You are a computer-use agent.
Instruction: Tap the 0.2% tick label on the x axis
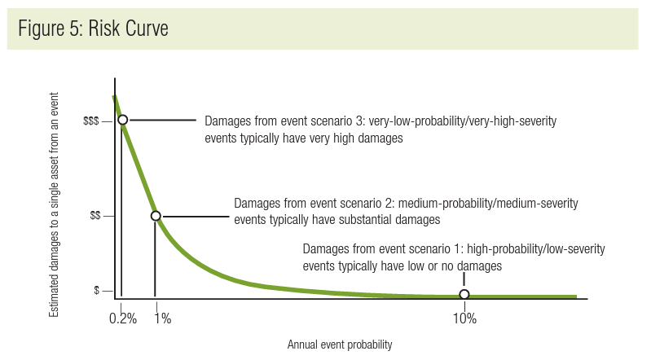(122, 318)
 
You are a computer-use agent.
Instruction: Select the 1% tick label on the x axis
(161, 318)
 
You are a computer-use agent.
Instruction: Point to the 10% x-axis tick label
(464, 318)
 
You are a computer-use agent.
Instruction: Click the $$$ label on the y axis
(91, 121)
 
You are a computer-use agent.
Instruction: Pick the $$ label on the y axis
(95, 217)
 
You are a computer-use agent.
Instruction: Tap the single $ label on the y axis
(97, 291)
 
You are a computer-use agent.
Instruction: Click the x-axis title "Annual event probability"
(339, 345)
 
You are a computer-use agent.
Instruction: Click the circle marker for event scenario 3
(122, 120)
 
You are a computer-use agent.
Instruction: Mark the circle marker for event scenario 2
(156, 216)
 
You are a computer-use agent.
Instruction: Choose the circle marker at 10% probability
(464, 294)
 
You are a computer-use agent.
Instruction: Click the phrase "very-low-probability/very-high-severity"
(463, 121)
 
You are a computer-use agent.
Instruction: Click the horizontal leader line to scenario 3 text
(163, 120)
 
